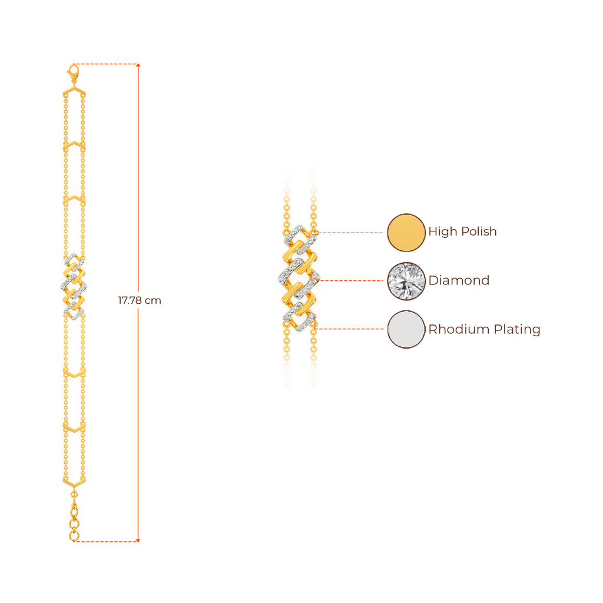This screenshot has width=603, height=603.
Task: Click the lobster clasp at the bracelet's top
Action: (73, 74)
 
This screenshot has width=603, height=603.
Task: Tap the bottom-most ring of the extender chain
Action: (74, 536)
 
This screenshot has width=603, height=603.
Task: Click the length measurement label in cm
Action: (140, 301)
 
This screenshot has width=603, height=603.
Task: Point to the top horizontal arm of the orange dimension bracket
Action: (106, 64)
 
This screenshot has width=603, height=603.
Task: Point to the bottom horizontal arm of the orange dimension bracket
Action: (106, 539)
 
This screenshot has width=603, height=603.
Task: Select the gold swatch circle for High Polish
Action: (406, 232)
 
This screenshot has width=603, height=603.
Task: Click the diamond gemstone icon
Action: (406, 280)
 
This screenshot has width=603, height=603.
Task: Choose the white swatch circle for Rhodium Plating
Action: (406, 329)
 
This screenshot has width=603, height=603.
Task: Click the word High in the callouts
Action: (442, 231)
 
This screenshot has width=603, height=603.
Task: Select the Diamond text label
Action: (459, 280)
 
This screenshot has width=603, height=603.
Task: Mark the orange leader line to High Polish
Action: (350, 233)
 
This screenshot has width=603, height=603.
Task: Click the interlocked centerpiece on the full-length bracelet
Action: (73, 287)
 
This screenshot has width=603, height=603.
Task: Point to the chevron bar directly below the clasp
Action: (74, 93)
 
